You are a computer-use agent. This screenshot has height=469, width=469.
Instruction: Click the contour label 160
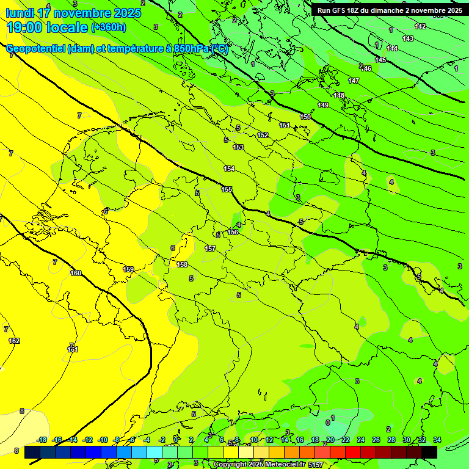(x=76, y=273)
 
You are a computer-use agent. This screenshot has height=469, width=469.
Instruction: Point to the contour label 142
(x=420, y=26)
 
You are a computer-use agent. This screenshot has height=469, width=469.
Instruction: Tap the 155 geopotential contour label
(x=227, y=190)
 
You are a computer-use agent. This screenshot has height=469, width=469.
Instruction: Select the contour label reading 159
(x=128, y=269)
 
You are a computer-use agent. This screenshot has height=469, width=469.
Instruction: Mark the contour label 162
(x=14, y=341)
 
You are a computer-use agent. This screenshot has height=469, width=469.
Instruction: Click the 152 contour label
(x=263, y=135)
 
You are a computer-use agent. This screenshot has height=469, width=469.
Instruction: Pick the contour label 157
(x=210, y=249)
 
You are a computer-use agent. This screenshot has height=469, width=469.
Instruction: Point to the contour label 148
(x=340, y=95)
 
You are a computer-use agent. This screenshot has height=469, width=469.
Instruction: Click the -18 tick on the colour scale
(x=42, y=440)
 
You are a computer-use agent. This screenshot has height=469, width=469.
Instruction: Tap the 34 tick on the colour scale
(x=437, y=440)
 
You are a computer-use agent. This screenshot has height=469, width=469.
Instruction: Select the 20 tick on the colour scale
(x=330, y=440)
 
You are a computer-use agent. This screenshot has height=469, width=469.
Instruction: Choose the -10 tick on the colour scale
(x=103, y=440)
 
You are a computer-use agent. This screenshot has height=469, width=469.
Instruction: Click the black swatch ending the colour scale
(x=429, y=452)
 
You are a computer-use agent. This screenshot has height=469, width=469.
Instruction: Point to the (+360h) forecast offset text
(x=109, y=27)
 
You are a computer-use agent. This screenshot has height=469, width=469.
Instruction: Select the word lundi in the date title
(x=19, y=13)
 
